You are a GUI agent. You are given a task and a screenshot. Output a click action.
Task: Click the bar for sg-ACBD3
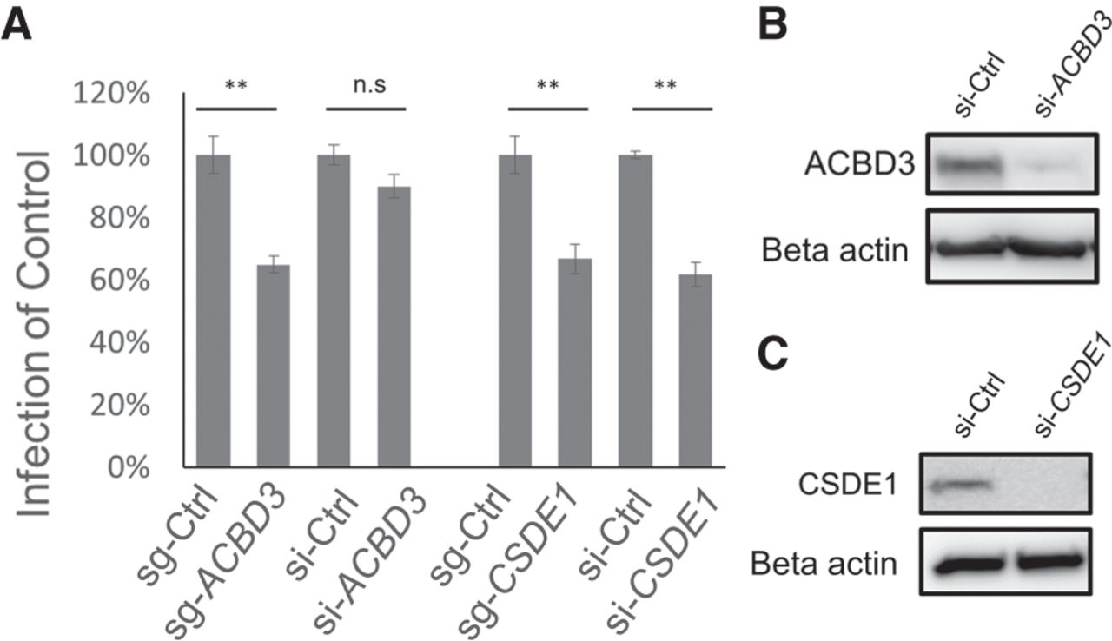[x=274, y=366]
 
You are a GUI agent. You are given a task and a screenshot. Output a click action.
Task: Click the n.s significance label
[x=366, y=85]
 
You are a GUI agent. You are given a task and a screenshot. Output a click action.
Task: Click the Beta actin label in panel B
[x=835, y=251]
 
